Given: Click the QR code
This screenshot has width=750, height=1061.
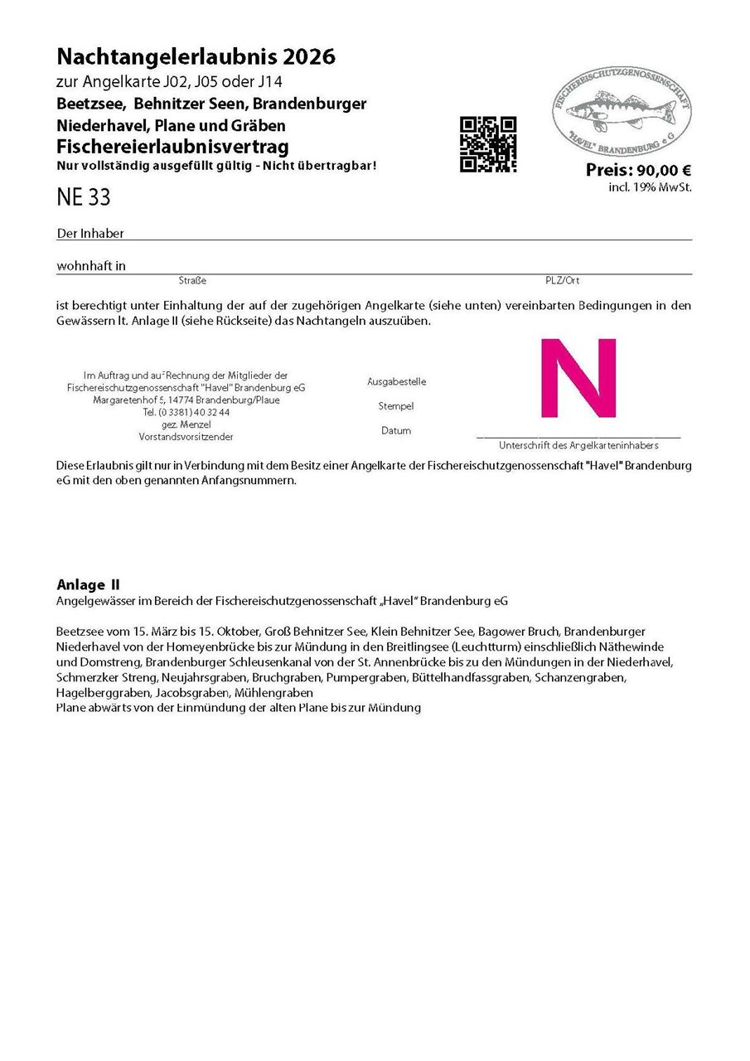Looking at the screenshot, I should point(488,144).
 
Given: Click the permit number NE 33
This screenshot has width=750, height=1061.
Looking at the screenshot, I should point(83,198).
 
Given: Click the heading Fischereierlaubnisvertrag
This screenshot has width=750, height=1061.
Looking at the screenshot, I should point(172,147).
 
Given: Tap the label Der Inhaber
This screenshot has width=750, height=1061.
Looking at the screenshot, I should point(90,234).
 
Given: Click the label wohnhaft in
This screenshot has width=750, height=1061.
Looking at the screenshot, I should point(91,266).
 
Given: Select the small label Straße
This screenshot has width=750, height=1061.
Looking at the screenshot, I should point(192,281).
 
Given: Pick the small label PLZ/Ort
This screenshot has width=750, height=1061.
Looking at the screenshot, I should point(562,281).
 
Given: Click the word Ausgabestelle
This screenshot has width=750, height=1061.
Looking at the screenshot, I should point(396,382).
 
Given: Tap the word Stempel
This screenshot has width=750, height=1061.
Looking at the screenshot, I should point(396,406).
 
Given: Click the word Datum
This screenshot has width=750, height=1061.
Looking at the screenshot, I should point(396,431).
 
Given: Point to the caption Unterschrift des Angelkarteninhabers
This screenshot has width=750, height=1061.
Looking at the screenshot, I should point(578,445).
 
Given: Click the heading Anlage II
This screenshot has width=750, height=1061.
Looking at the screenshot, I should point(88,584).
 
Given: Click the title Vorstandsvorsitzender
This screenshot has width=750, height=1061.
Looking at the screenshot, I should point(186,436).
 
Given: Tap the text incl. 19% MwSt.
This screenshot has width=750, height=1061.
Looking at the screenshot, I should point(650,187).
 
